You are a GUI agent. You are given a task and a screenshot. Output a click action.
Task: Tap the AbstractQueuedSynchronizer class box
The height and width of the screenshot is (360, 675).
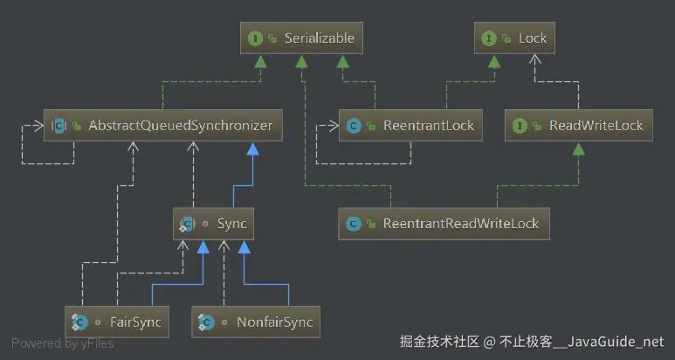[163, 125]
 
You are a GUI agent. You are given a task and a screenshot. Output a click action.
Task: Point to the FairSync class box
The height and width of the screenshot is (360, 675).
[117, 322]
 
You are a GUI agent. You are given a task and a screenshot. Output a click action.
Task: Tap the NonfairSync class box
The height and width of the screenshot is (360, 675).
[256, 322]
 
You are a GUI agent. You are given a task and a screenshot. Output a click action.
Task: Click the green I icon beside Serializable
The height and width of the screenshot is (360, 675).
[255, 38]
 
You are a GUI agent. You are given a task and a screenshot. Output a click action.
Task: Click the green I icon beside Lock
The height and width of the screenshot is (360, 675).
[489, 38]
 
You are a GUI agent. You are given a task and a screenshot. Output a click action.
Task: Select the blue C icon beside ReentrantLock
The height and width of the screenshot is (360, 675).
[354, 126]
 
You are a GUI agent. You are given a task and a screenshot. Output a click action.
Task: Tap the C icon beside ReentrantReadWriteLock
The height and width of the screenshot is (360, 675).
[354, 224]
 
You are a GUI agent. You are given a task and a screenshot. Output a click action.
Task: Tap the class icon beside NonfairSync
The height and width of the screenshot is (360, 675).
[207, 322]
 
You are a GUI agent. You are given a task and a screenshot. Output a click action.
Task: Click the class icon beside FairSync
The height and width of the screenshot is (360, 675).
[79, 322]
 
